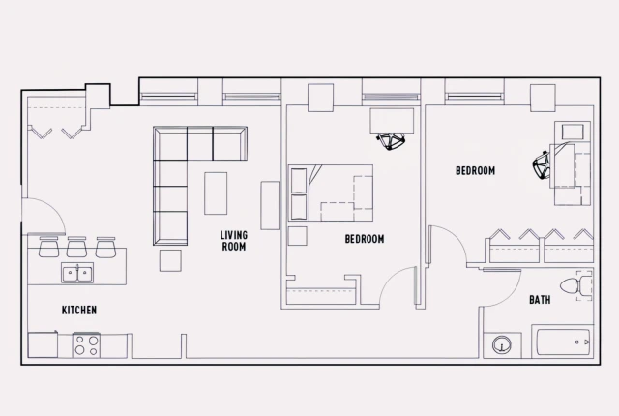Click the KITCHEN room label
pos(79,310)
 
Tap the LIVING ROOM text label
pos(233,241)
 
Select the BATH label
pos(540,300)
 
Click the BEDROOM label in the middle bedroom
pos(365,239)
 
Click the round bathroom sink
pos(502,345)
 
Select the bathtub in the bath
pos(562,343)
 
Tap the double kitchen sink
pos(77,274)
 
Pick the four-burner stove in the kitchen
pos(87,344)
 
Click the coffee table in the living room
pos(216,193)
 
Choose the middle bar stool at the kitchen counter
pos(77,248)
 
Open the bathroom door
pos(503,285)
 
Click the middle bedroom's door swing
pos(398,286)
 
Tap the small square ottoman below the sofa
pos(170,260)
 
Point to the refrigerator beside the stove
pos(44,344)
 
